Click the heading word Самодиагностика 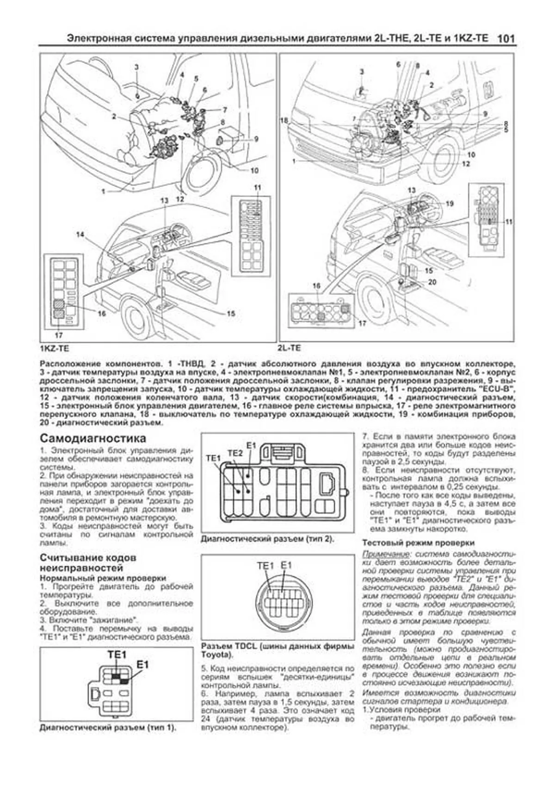pyautogui.click(x=93, y=438)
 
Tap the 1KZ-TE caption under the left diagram pyautogui.click(x=54, y=348)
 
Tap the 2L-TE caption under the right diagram pyautogui.click(x=290, y=348)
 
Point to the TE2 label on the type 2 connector pyautogui.click(x=235, y=453)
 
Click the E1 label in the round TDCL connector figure pyautogui.click(x=287, y=565)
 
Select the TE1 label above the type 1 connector pyautogui.click(x=117, y=655)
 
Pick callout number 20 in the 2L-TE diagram pyautogui.click(x=432, y=282)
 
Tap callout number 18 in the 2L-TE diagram pyautogui.click(x=284, y=120)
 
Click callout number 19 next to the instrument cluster pyautogui.click(x=450, y=204)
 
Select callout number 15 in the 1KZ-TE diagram pyautogui.click(x=231, y=313)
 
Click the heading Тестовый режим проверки pyautogui.click(x=418, y=543)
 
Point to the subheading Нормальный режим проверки pyautogui.click(x=103, y=578)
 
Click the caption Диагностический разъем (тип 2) pyautogui.click(x=267, y=539)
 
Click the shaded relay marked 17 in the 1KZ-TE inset pyautogui.click(x=59, y=315)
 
